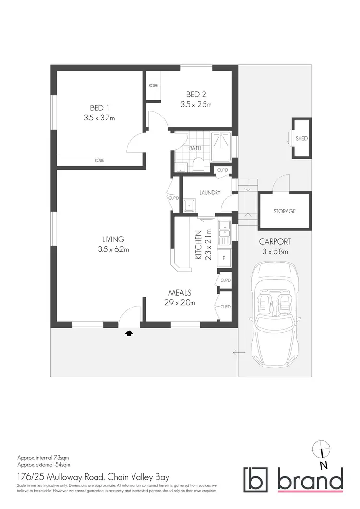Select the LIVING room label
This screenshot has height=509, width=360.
coord(113,239)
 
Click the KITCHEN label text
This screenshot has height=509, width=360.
coord(198,245)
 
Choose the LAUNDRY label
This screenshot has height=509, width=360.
coord(210,193)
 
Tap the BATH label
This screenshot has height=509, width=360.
coord(195,148)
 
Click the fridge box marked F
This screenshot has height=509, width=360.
coord(224,257)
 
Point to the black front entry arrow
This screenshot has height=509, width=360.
coord(129,332)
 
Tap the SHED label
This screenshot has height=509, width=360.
coord(301,139)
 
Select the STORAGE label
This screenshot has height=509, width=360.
coord(285,211)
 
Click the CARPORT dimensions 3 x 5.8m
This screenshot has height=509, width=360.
coord(275,251)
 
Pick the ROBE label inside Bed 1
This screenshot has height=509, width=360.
coord(99,160)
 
